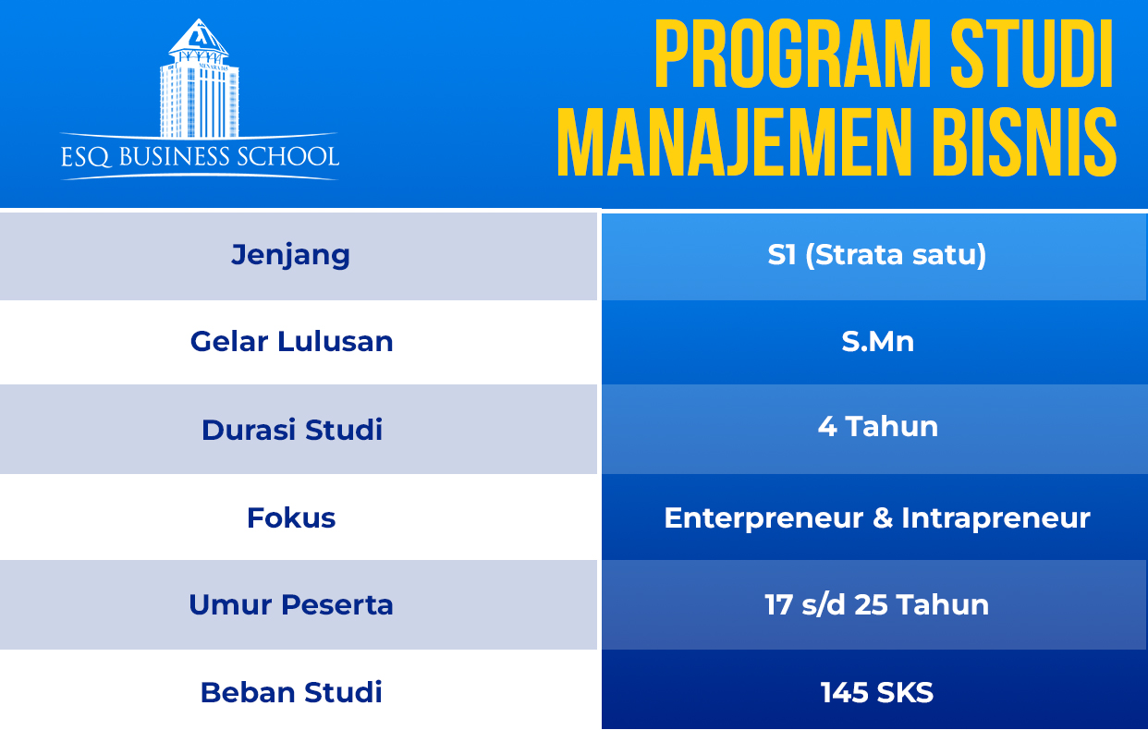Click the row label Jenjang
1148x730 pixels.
(x=290, y=256)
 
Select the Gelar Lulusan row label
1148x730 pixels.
(x=291, y=341)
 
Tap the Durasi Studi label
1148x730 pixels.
(x=291, y=430)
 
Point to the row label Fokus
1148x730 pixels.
(x=291, y=517)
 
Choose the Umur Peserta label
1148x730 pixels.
(x=291, y=604)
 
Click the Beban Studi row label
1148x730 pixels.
(x=291, y=693)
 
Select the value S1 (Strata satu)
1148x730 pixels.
(x=877, y=255)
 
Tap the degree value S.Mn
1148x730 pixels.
(x=877, y=341)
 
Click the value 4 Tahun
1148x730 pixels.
(x=878, y=426)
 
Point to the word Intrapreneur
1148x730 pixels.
(x=995, y=518)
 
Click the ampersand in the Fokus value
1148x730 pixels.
(x=883, y=517)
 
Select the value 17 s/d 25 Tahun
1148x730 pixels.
(x=877, y=604)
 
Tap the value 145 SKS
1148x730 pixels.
(x=877, y=693)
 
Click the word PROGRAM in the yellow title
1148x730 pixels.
(x=792, y=54)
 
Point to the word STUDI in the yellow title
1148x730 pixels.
(x=1032, y=54)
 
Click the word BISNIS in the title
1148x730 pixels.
(x=1024, y=142)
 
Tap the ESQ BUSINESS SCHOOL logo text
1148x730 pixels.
(x=200, y=157)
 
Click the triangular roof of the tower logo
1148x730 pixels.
(x=199, y=37)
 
